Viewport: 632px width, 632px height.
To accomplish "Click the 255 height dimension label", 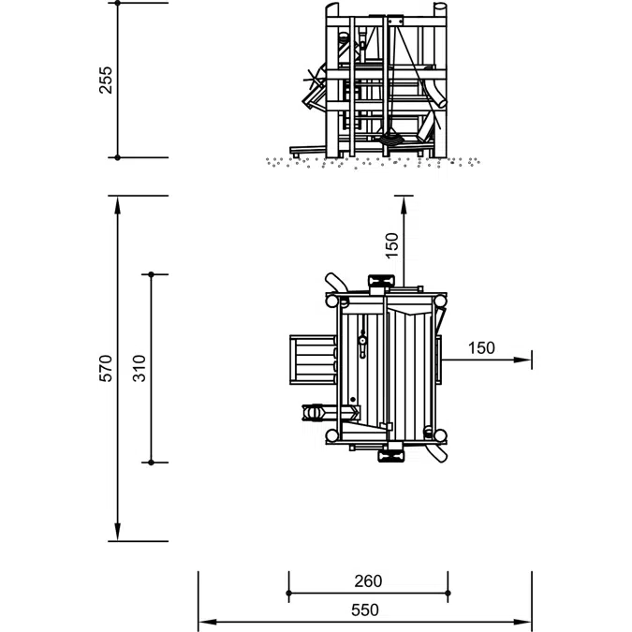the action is (106, 81).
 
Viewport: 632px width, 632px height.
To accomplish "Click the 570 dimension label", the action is (106, 368).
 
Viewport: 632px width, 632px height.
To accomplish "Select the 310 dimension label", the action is (140, 368).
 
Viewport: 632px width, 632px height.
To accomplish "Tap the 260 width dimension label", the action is (368, 581).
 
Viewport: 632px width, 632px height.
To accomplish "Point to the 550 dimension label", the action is (365, 610).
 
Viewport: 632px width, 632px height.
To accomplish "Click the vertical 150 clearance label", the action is (391, 245).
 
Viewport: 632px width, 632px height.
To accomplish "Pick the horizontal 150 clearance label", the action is (481, 348).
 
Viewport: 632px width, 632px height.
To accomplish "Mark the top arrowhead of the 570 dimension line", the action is (117, 205).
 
